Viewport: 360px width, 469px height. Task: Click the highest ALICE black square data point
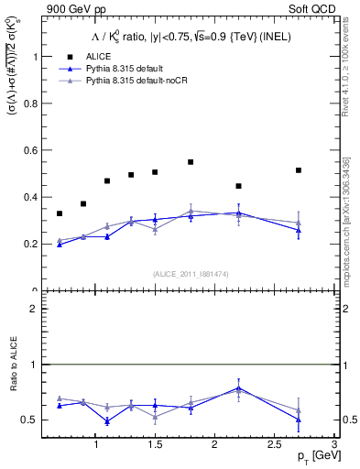pyautogui.click(x=191, y=162)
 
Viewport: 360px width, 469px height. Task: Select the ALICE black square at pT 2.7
pyautogui.click(x=298, y=170)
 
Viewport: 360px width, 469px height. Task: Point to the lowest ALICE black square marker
pyautogui.click(x=60, y=213)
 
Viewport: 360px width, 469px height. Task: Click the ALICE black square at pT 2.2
pyautogui.click(x=238, y=186)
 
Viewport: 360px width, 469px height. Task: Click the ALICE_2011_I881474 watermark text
pyautogui.click(x=190, y=274)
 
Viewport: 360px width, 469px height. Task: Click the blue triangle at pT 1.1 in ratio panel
pyautogui.click(x=107, y=421)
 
